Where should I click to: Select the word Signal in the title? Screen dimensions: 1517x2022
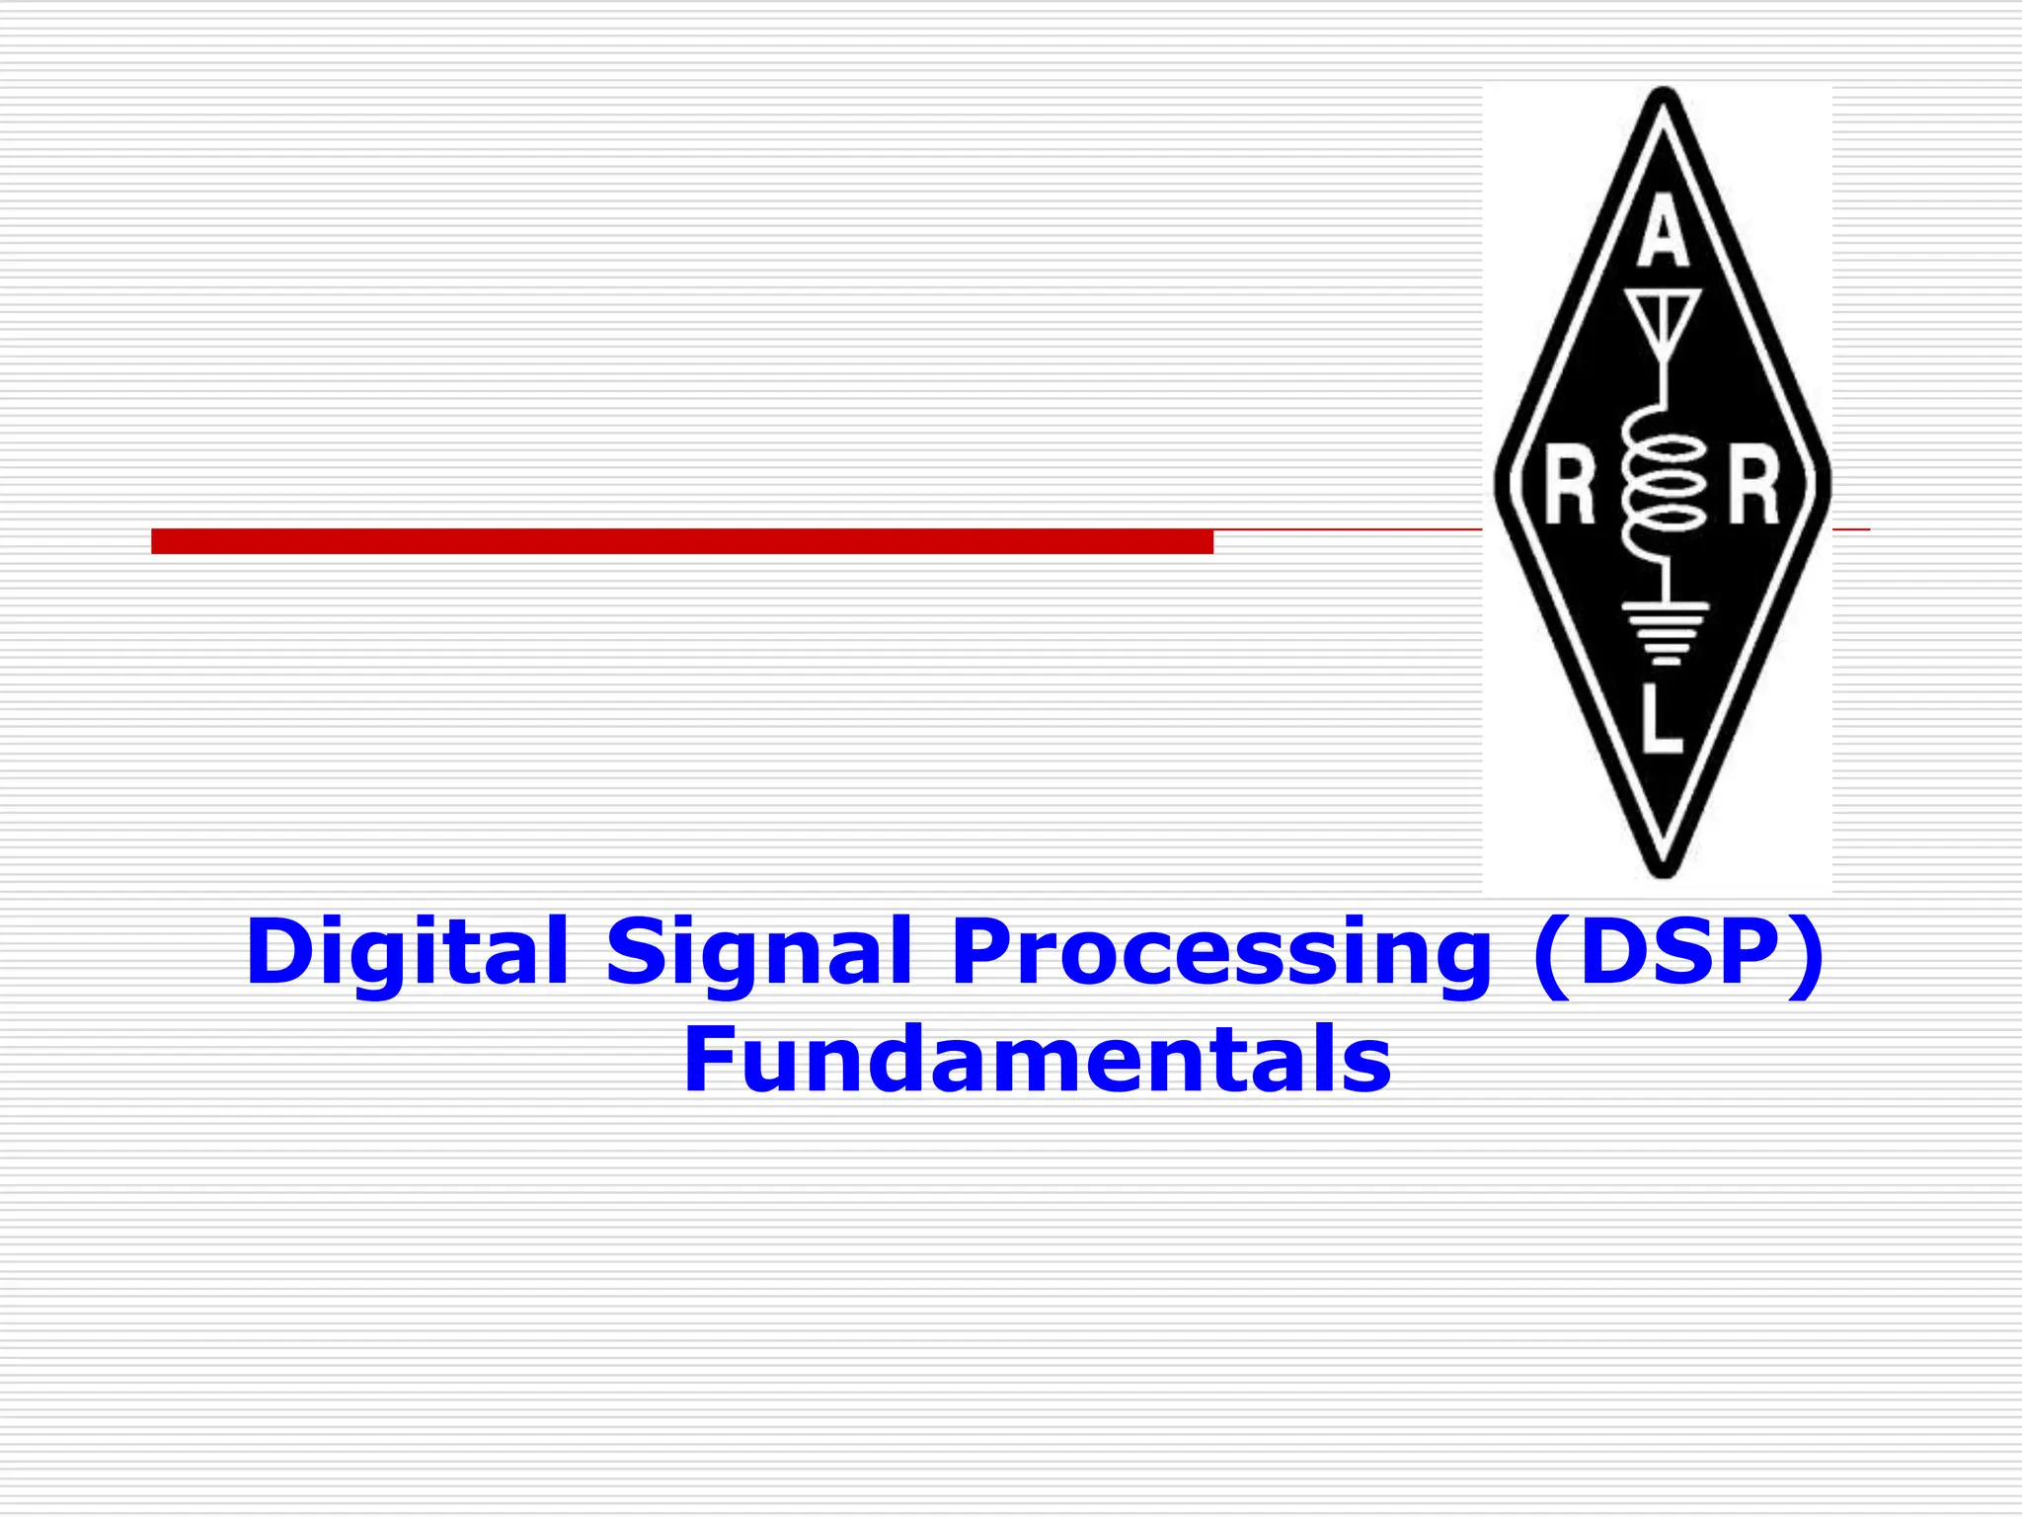[x=758, y=952]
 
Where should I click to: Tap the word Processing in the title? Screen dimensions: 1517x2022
[x=1220, y=952]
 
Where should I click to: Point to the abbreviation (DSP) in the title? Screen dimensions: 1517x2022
[x=1678, y=952]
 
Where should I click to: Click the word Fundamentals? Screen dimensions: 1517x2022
[x=1037, y=1061]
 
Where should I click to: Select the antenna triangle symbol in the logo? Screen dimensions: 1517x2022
[x=1664, y=316]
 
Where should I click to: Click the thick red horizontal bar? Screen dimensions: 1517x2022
[x=681, y=541]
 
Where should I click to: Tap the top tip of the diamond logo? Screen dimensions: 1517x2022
[x=1664, y=93]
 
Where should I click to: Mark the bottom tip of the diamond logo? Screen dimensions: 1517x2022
[x=1664, y=873]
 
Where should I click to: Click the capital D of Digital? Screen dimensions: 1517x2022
[x=280, y=952]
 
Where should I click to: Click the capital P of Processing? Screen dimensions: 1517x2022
[x=983, y=952]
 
